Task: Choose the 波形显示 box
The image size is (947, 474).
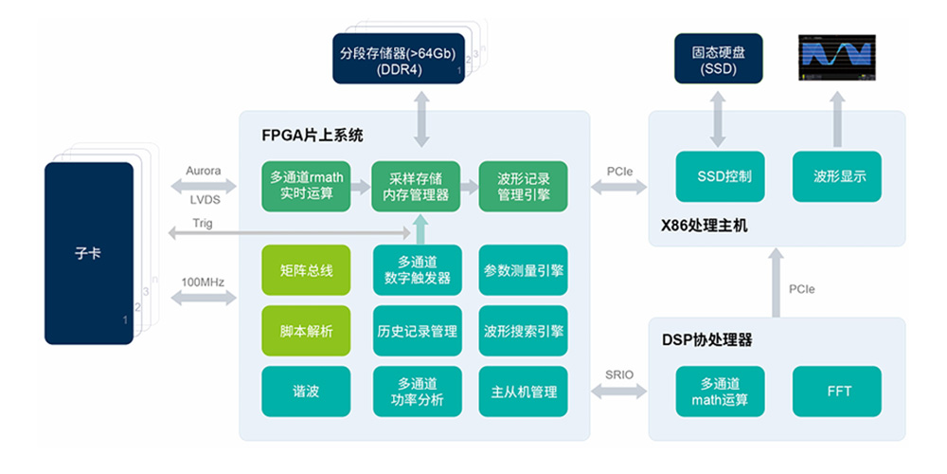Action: point(839,176)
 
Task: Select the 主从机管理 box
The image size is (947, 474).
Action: point(524,392)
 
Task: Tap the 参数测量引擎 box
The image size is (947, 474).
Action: point(524,271)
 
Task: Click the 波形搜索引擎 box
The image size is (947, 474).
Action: point(524,331)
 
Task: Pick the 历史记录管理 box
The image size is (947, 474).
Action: point(417,331)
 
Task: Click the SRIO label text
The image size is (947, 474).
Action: point(619,371)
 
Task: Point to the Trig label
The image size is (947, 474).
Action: point(201,224)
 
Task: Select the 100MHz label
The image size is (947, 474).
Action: point(201,282)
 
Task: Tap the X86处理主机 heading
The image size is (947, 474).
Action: point(706,226)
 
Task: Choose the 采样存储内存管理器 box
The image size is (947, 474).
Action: point(417,186)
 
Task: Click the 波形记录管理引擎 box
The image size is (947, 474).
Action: point(524,186)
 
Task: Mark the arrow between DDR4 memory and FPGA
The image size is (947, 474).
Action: point(417,119)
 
